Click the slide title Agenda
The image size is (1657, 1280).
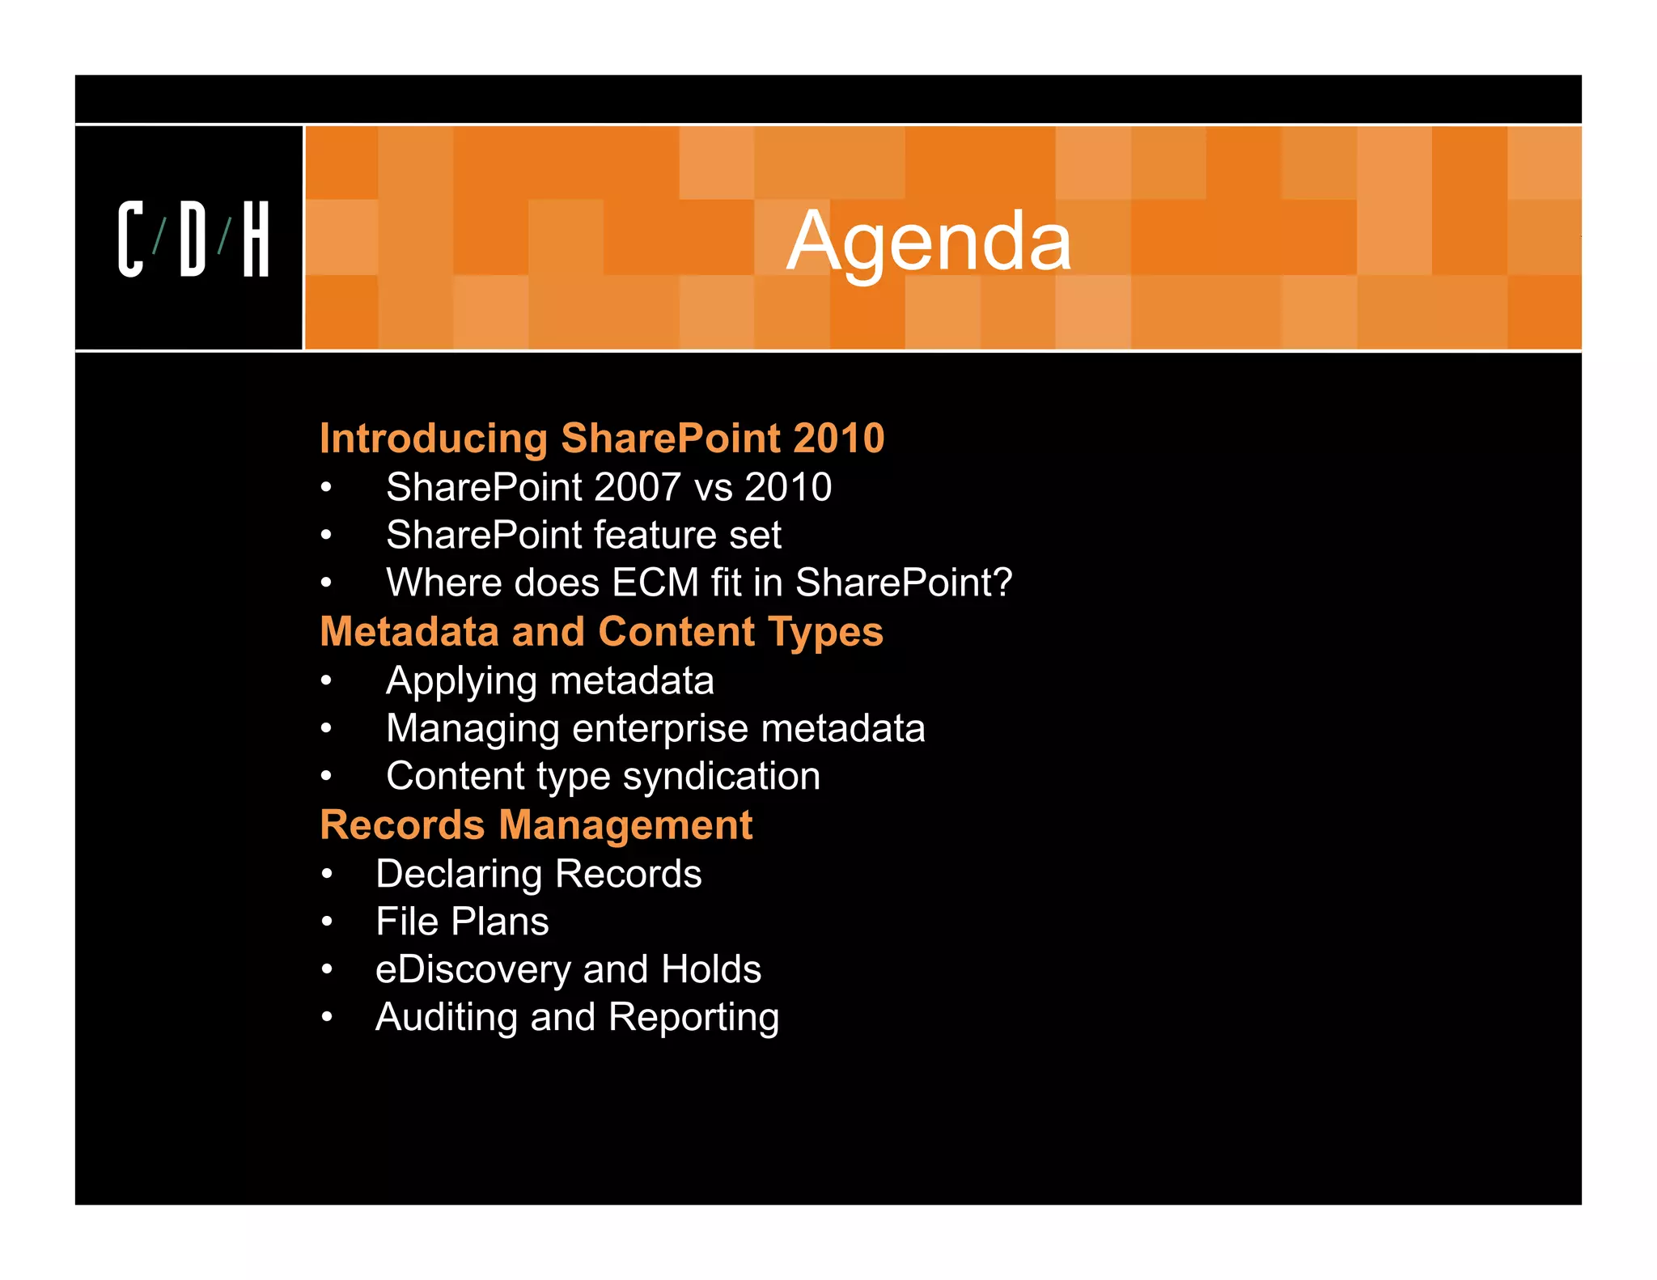pos(929,241)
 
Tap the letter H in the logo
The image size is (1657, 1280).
pos(256,239)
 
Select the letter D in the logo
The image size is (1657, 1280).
pos(193,239)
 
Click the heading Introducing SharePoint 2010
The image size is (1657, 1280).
pos(602,439)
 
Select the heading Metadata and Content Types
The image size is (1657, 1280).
pos(601,632)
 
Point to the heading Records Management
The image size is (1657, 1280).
pos(536,825)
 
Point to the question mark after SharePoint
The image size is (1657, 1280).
pos(1002,583)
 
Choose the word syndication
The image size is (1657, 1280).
pos(722,777)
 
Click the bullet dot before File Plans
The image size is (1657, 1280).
pos(327,922)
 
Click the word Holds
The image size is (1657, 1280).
pos(710,969)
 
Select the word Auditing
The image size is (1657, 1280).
pos(446,1018)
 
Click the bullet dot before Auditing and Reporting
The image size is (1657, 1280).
pos(327,1017)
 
